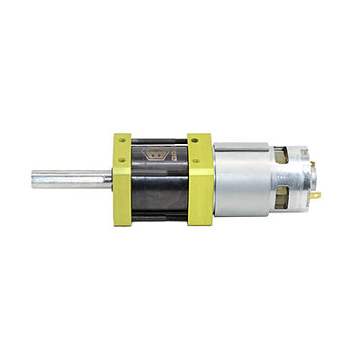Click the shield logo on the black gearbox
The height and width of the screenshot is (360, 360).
coord(157,154)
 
